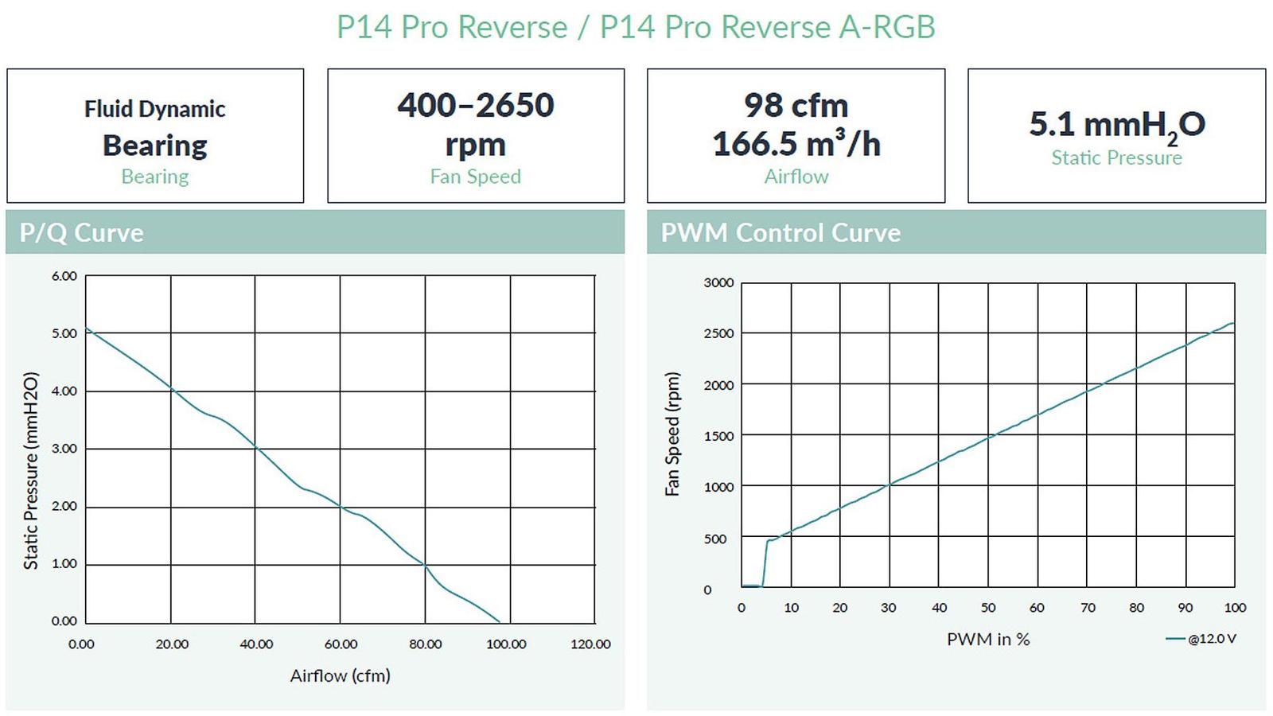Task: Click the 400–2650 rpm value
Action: click(x=475, y=124)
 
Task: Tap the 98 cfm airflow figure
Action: click(x=796, y=106)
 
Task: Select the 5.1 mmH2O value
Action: click(x=1116, y=125)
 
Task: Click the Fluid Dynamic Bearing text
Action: click(x=155, y=127)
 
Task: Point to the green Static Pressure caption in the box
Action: click(x=1116, y=158)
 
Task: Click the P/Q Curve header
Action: click(x=82, y=233)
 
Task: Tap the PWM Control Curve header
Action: click(x=781, y=233)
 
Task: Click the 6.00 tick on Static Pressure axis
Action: click(x=64, y=276)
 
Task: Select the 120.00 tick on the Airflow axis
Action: click(x=590, y=644)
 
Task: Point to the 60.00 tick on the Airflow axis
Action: click(x=341, y=644)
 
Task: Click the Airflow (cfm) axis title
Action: click(x=340, y=676)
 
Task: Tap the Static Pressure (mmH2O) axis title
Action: click(x=31, y=471)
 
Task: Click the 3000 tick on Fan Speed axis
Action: click(x=718, y=283)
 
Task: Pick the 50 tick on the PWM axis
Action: click(x=988, y=608)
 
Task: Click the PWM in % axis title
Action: click(x=988, y=640)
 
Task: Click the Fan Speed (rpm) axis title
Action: click(x=672, y=434)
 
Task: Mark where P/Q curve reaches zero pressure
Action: click(x=500, y=622)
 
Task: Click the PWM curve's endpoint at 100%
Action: click(x=1234, y=323)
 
